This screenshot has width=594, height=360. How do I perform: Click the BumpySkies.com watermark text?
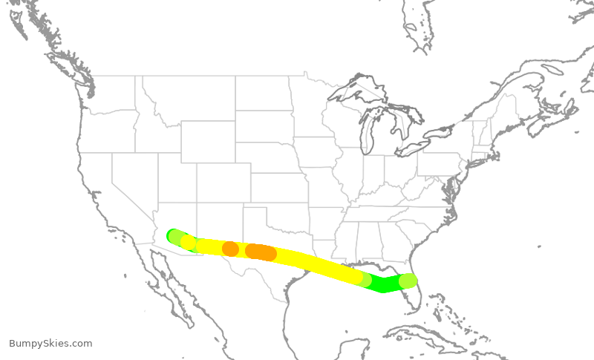pyautogui.click(x=50, y=344)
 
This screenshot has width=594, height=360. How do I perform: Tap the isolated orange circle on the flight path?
pyautogui.click(x=230, y=249)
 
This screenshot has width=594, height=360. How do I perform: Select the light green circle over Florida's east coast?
pyautogui.click(x=408, y=281)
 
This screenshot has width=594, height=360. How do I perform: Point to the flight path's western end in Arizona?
pyautogui.click(x=174, y=236)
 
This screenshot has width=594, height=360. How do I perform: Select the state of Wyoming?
pyautogui.click(x=207, y=141)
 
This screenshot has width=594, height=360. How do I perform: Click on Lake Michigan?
pyautogui.click(x=367, y=131)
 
